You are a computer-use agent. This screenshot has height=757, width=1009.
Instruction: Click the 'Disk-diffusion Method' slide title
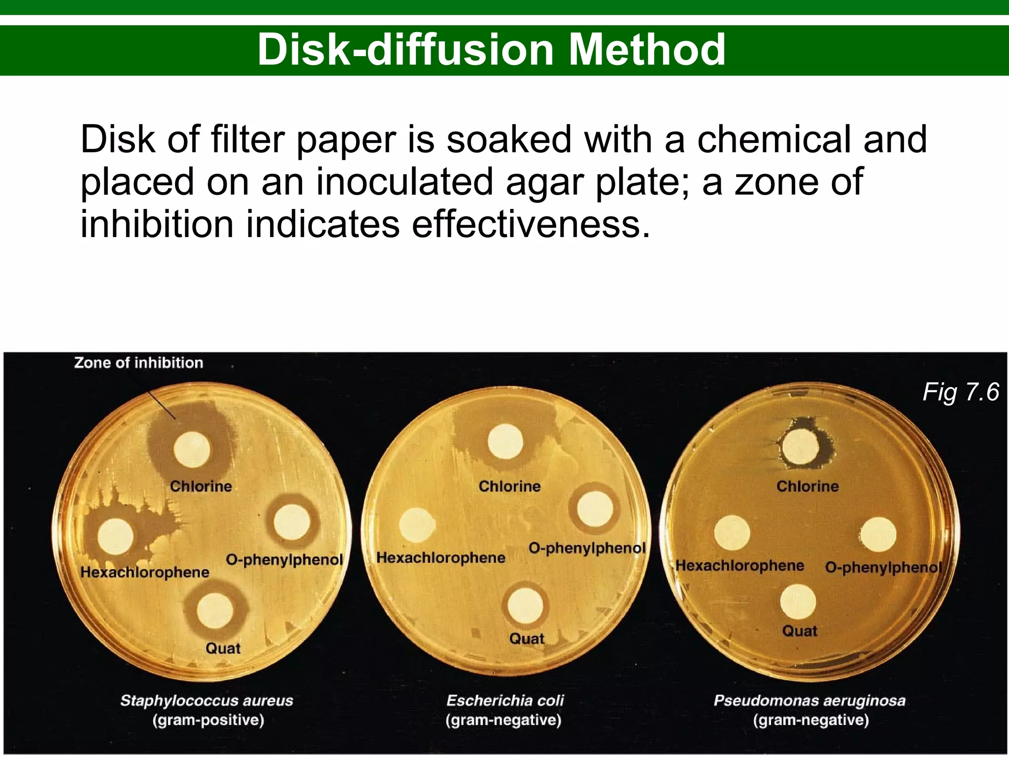[x=491, y=49]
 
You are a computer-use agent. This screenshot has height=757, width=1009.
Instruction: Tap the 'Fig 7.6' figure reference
[x=960, y=392]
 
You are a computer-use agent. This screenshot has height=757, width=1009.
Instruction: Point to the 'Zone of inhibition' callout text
[x=138, y=363]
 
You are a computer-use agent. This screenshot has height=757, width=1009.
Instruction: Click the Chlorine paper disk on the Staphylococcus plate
[x=192, y=449]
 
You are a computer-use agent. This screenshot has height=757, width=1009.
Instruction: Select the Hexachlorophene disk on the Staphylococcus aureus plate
[x=116, y=537]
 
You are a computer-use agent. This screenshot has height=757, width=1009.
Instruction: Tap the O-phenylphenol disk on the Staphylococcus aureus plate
[x=292, y=522]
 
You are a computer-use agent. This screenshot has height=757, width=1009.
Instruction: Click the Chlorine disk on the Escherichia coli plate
[x=505, y=442]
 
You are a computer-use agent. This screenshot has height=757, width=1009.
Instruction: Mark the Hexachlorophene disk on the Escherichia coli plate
[x=417, y=525]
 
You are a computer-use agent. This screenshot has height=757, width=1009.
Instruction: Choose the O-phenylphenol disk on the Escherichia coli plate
[x=595, y=509]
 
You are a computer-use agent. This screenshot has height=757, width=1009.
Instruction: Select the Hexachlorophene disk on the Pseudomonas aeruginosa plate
[x=732, y=533]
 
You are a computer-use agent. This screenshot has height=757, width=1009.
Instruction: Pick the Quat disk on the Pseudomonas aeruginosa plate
[x=798, y=602]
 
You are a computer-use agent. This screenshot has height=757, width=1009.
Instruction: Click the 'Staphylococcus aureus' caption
[x=206, y=700]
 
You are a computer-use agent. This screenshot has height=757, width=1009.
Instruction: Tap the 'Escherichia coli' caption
[x=505, y=700]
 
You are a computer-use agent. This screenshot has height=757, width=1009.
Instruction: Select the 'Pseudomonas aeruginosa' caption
[x=809, y=700]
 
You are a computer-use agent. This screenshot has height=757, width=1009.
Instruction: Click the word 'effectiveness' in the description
[x=531, y=225]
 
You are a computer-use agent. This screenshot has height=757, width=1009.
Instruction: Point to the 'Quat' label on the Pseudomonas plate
[x=799, y=631]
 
